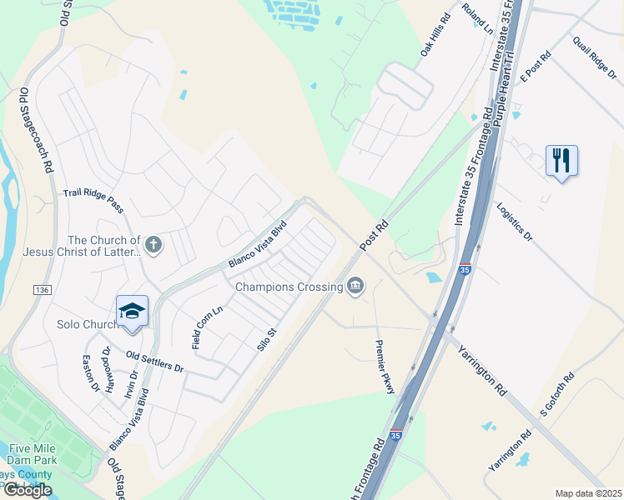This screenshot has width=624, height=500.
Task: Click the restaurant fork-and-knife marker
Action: pos(561,158)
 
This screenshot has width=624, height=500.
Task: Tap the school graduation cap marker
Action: pos(132,310)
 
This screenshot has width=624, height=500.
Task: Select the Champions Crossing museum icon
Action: pos(356,287)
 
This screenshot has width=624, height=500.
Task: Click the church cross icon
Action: pos(152,245)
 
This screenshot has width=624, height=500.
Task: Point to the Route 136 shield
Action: pos(42,289)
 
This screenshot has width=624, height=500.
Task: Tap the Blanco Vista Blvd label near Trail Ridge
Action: pos(258,243)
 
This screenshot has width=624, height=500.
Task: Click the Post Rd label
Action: pos(375,235)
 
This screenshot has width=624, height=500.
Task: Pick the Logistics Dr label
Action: pos(514,222)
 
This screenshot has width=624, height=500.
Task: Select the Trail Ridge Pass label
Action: pos(93,201)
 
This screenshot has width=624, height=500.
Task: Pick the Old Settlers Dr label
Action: pos(154,361)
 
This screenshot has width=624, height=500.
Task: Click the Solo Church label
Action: pos(87,324)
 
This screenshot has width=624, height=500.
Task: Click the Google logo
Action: pos(28,490)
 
